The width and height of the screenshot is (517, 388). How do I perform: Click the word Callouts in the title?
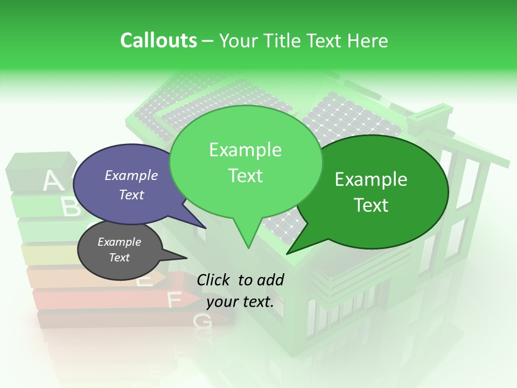(x=158, y=40)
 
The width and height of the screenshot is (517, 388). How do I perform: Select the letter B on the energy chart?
(x=71, y=207)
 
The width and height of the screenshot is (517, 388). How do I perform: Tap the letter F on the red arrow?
(x=174, y=300)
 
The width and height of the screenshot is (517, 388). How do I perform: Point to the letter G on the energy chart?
(x=202, y=322)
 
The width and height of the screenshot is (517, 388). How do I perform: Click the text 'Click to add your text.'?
(x=240, y=290)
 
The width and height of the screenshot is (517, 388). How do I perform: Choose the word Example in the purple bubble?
(x=131, y=175)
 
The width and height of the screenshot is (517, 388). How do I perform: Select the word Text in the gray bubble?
(x=119, y=258)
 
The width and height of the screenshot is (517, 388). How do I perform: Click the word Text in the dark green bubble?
(x=371, y=205)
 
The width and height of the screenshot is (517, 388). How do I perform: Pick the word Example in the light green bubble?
(x=245, y=150)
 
